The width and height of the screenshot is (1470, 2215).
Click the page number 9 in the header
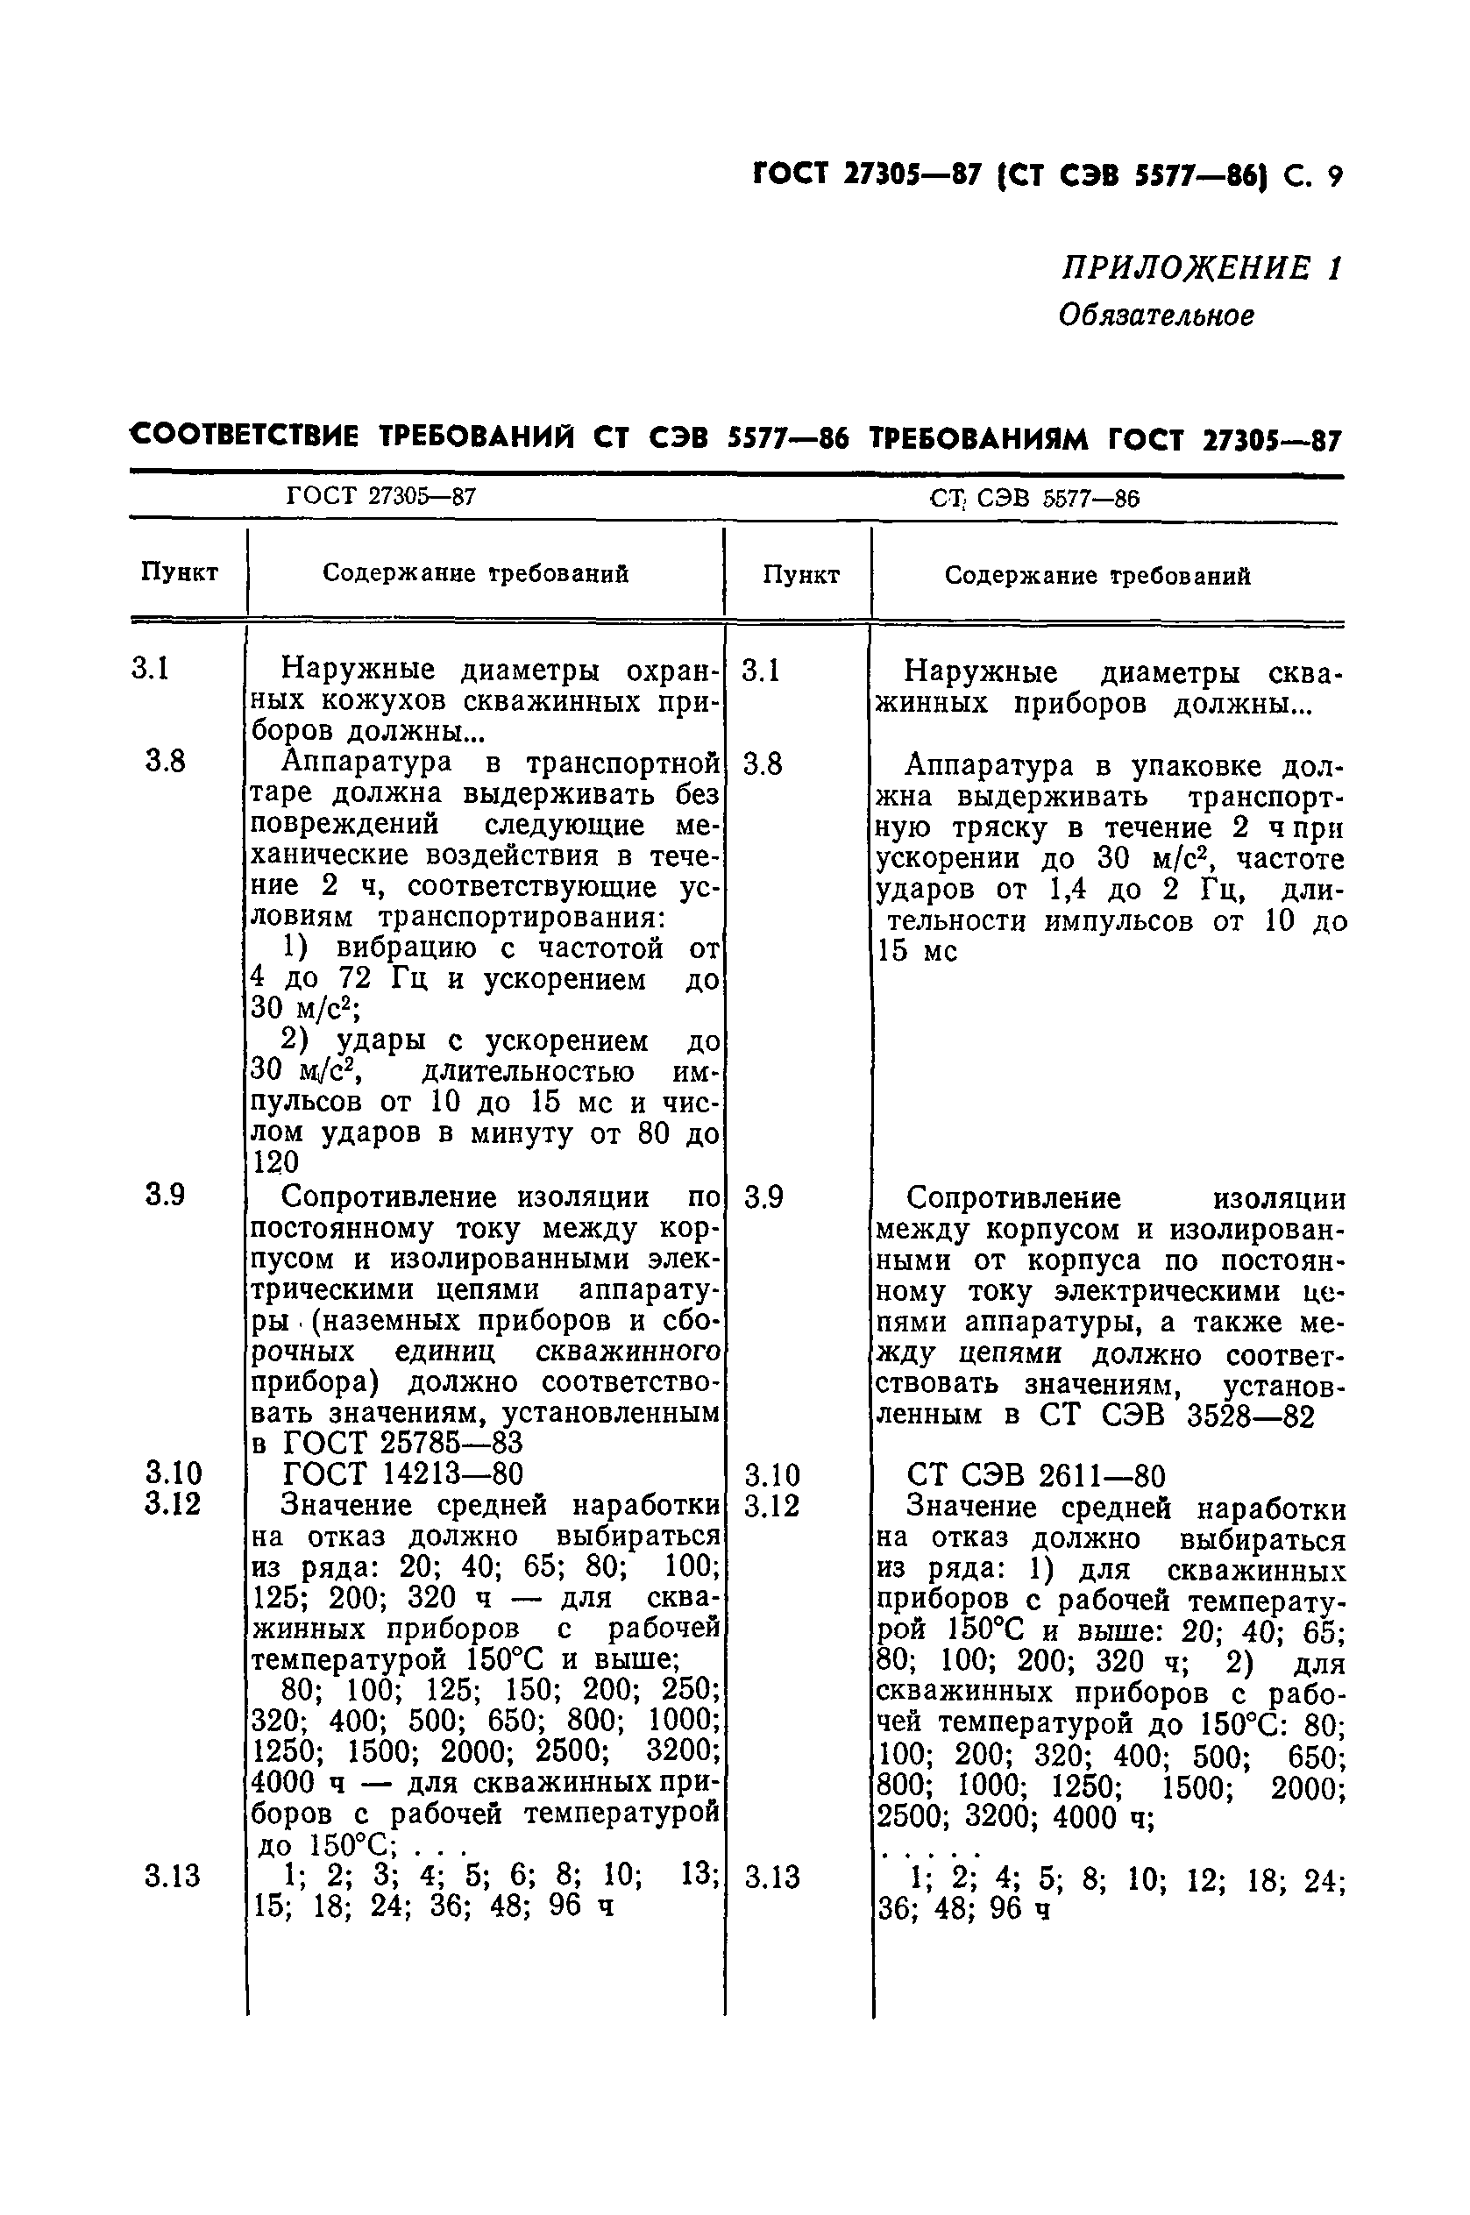click(x=1335, y=175)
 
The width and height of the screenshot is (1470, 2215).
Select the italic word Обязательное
click(x=1156, y=316)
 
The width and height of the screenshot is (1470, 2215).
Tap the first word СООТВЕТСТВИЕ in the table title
click(x=245, y=437)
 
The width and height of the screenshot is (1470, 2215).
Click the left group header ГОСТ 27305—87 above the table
click(x=380, y=496)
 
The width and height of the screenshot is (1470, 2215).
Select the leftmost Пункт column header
click(x=180, y=571)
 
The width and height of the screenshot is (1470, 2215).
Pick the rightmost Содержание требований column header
click(x=1097, y=576)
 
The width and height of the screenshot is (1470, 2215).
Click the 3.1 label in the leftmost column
click(x=150, y=670)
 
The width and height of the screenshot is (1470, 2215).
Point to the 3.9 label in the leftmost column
click(x=165, y=1195)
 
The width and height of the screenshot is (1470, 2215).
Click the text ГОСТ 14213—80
click(x=402, y=1473)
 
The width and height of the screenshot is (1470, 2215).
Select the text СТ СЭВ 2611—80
click(x=1036, y=1476)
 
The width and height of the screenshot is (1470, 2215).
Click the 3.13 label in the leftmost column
click(x=173, y=1877)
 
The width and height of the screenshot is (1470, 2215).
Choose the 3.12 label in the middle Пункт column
click(x=771, y=1507)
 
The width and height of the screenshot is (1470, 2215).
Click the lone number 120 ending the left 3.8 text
click(x=275, y=1162)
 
